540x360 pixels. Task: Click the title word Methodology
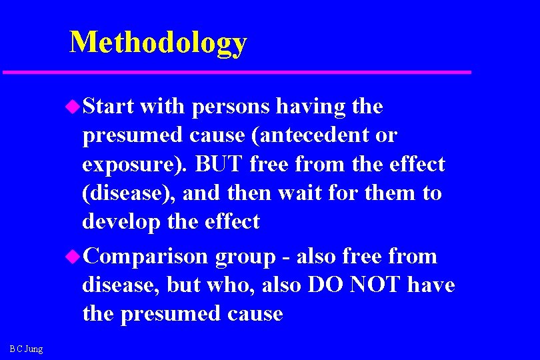coord(158,42)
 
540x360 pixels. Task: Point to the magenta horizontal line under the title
coord(237,71)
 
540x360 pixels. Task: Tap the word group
coord(245,257)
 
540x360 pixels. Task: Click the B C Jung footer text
coord(26,349)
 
